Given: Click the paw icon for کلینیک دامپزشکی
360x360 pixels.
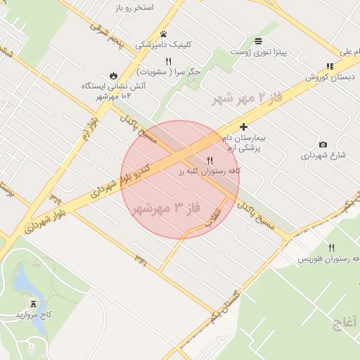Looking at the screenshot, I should tap(164, 34).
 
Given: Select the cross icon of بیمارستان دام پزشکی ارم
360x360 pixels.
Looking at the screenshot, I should tap(244, 127).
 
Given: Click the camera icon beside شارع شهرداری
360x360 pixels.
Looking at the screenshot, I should tap(323, 145).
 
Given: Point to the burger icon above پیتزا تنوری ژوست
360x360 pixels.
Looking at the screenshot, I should tap(259, 41).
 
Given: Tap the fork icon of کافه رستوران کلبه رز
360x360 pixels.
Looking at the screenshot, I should tap(210, 160).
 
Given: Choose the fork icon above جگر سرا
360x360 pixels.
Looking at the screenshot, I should tap(168, 61).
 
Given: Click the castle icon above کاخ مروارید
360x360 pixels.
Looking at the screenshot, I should tap(33, 303).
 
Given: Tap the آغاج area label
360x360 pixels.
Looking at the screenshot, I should tap(337, 323).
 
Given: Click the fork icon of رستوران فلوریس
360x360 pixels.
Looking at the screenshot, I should tap(331, 247).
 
